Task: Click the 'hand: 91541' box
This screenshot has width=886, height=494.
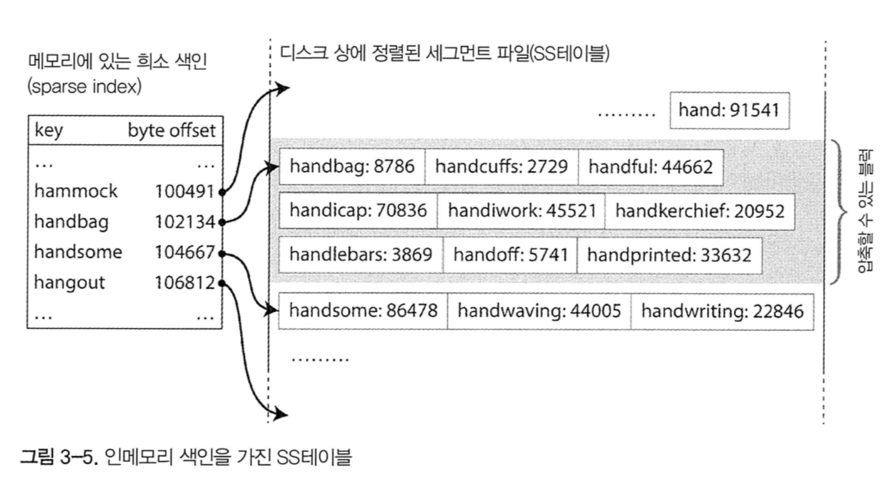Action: (x=729, y=110)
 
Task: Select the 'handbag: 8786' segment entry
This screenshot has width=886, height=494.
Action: (x=352, y=166)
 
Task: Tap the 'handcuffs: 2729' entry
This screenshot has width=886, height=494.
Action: (x=501, y=166)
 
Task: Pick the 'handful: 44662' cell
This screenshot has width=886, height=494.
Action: (x=650, y=166)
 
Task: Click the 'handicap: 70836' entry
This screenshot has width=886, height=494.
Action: (x=358, y=210)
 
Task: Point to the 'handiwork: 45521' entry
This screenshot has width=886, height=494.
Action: (x=521, y=210)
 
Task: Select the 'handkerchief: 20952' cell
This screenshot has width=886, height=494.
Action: (x=699, y=211)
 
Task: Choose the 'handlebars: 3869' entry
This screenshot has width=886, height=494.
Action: (x=360, y=255)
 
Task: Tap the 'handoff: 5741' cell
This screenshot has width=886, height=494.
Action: (x=510, y=255)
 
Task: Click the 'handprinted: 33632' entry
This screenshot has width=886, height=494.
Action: (x=669, y=255)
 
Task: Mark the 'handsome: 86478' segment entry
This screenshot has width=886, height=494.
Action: (x=363, y=311)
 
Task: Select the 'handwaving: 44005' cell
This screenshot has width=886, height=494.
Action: (x=539, y=311)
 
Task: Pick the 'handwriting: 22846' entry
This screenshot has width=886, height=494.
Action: (x=722, y=311)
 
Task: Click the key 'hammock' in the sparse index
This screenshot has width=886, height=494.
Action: (x=76, y=191)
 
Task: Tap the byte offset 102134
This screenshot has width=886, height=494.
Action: (x=185, y=222)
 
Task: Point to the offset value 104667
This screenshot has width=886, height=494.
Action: (x=185, y=252)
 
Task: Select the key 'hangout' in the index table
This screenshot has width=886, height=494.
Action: (x=69, y=282)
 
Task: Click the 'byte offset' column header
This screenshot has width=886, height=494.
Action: (x=172, y=131)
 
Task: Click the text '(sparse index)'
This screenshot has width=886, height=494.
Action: (x=84, y=87)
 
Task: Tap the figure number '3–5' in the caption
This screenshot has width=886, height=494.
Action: (x=78, y=457)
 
